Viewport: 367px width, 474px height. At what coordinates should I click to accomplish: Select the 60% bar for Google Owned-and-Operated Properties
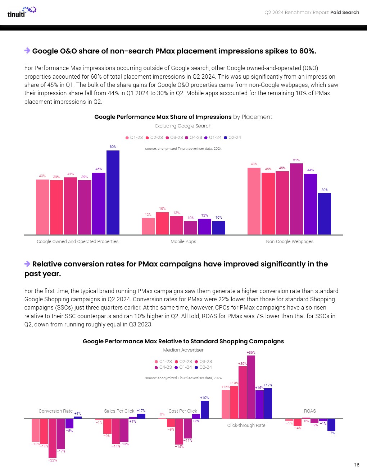[113, 192]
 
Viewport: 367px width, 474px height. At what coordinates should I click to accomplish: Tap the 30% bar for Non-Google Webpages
[325, 214]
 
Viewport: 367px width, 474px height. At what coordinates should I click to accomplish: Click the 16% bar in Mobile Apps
[162, 223]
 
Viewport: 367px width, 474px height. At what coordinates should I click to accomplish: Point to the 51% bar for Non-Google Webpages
[296, 199]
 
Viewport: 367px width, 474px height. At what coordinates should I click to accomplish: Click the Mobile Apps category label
[183, 242]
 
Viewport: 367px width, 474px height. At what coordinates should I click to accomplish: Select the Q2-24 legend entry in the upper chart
[232, 138]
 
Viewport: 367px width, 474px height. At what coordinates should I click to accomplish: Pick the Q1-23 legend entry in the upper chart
[134, 138]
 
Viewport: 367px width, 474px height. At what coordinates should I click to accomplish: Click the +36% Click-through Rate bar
[251, 387]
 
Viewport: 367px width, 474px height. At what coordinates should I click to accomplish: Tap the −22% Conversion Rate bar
[53, 438]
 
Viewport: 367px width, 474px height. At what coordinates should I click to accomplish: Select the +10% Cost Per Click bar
[205, 410]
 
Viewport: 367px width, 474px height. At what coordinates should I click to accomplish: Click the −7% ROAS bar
[331, 425]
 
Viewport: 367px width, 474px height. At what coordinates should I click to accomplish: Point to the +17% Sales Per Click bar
[141, 416]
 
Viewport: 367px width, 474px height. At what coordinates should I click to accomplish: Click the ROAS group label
[310, 411]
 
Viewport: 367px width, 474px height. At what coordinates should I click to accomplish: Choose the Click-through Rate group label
[246, 426]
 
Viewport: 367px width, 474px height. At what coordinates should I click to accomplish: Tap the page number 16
[357, 465]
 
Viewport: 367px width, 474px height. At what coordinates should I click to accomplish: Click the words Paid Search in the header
[345, 13]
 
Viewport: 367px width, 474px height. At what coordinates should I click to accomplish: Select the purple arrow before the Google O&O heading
[27, 51]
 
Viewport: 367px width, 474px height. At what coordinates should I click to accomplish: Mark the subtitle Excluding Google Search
[183, 126]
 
